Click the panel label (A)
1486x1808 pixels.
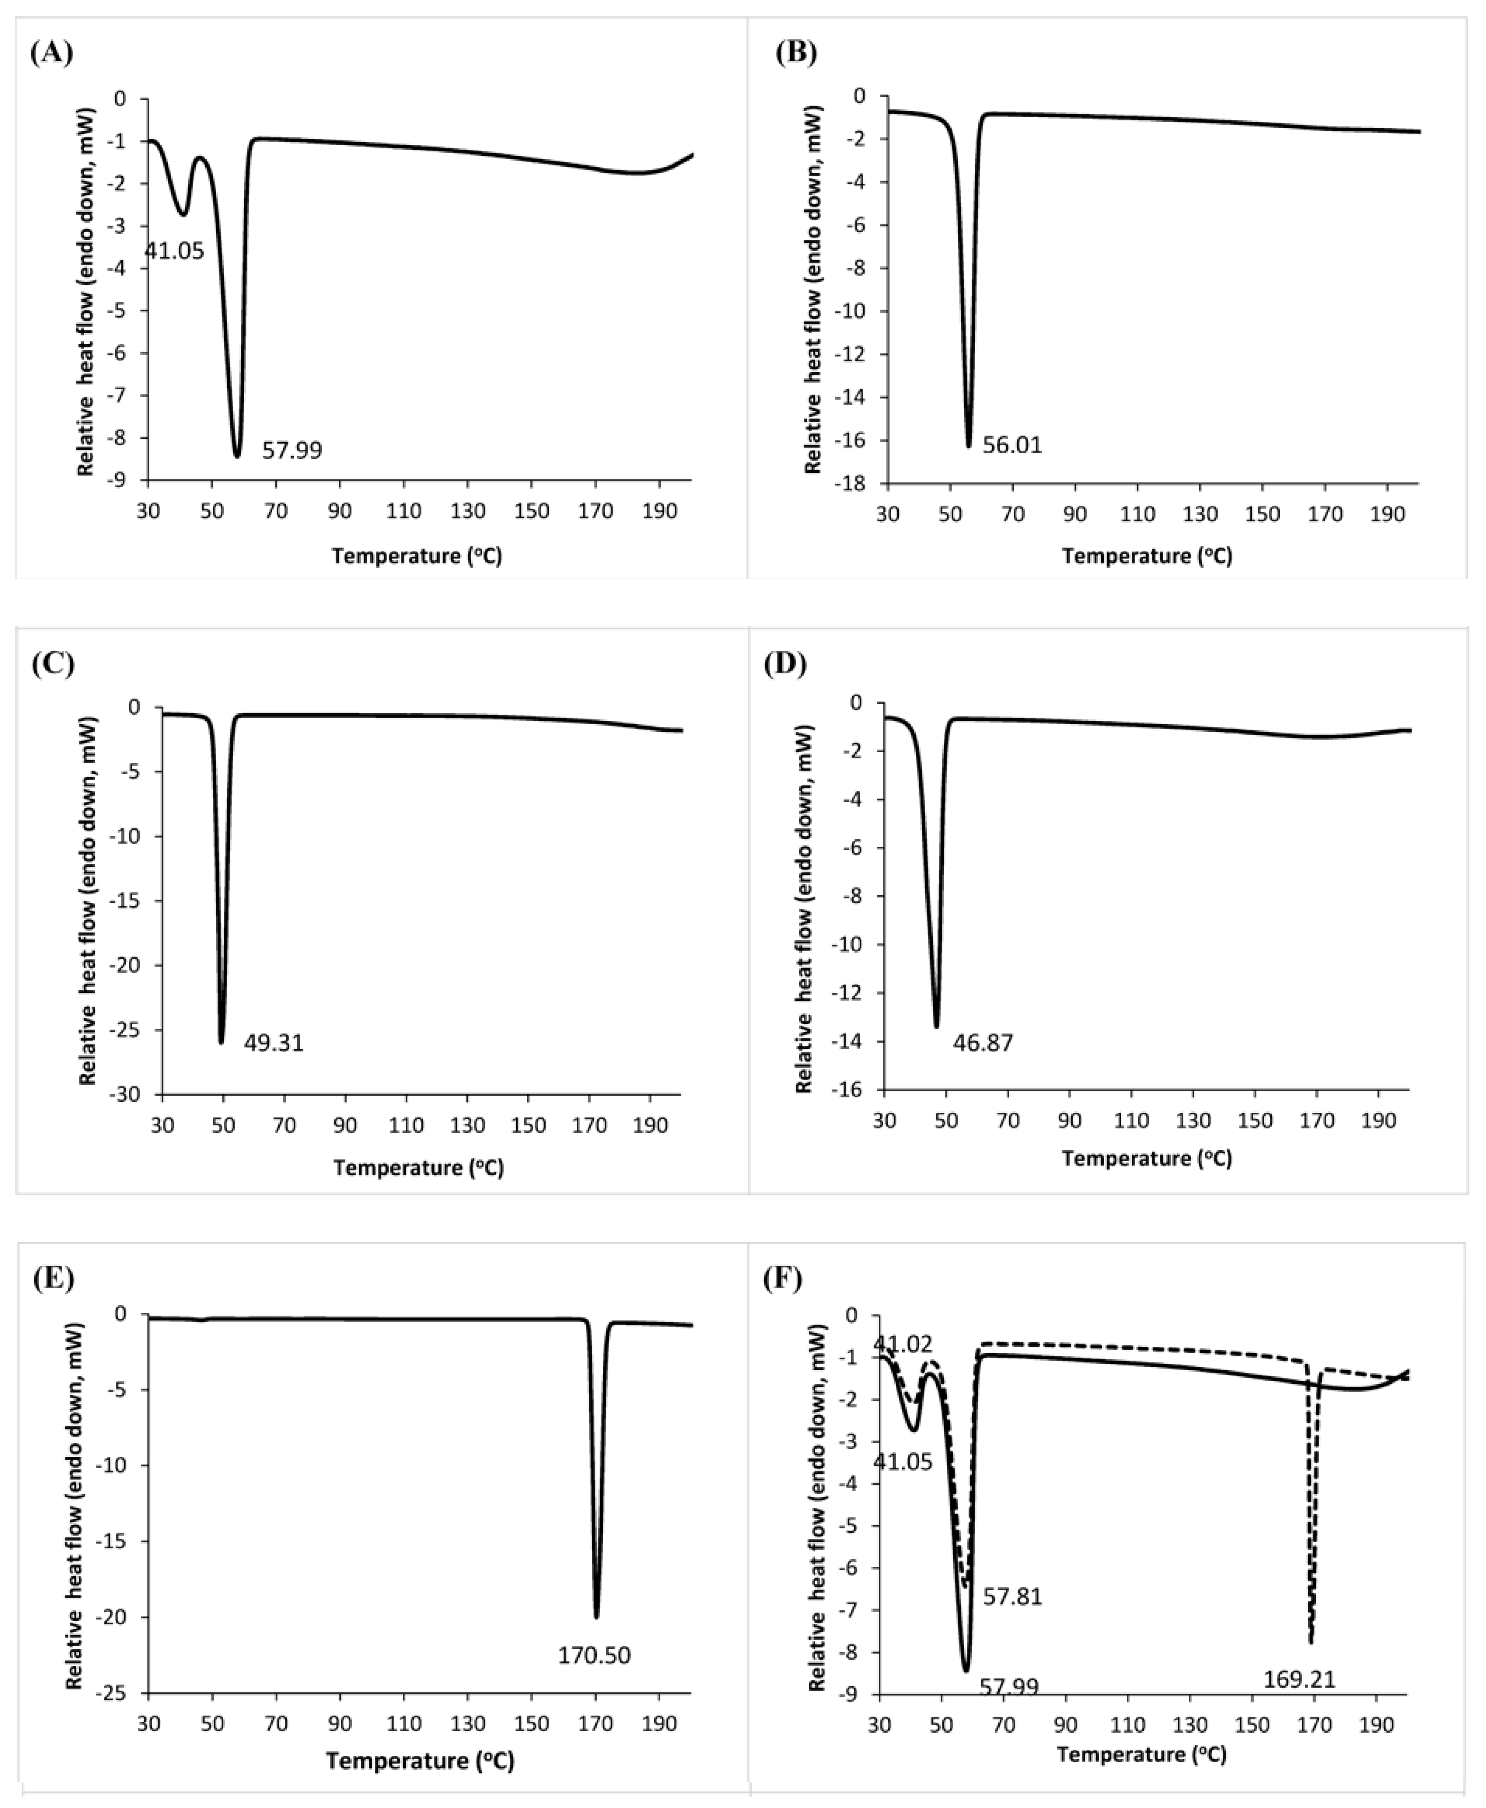(x=51, y=53)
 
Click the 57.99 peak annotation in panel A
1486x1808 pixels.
(x=292, y=450)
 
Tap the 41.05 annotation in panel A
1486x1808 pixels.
(x=174, y=251)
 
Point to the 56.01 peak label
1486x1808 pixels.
(x=1012, y=445)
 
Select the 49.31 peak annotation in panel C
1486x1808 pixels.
(x=274, y=1043)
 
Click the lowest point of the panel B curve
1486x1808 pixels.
(x=968, y=446)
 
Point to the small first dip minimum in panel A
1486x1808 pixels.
(x=183, y=213)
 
